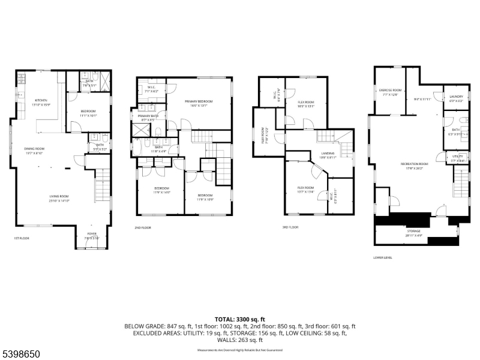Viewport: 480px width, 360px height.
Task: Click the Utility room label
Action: click(457, 158)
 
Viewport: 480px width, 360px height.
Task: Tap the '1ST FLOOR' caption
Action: click(22, 238)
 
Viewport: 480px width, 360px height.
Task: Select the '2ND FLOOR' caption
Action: click(142, 228)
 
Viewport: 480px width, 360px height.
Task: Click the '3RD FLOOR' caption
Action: click(290, 227)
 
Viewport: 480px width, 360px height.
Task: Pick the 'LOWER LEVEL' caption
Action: click(382, 257)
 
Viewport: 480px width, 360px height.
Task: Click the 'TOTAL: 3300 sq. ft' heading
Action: click(239, 319)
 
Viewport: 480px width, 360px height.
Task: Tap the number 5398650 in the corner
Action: click(22, 354)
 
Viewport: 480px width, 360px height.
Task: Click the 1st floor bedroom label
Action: click(88, 113)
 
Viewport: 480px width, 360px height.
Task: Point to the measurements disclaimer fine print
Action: click(239, 350)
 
